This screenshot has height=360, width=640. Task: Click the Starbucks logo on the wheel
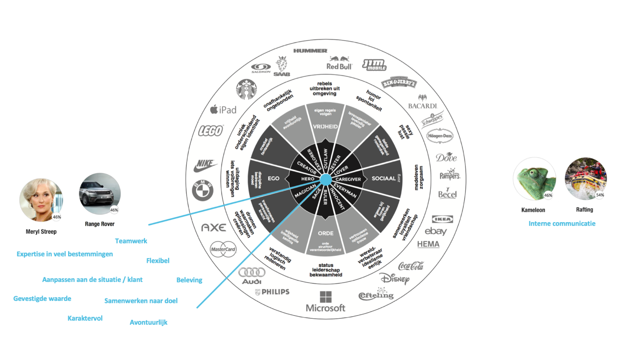click(x=246, y=89)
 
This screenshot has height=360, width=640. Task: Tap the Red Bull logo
click(x=339, y=63)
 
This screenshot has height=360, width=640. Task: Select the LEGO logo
click(x=211, y=131)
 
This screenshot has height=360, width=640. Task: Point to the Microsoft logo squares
click(x=326, y=297)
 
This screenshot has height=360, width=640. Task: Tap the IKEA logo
click(x=442, y=219)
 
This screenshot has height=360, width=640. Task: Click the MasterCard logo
click(x=223, y=249)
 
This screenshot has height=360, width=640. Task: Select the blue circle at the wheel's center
click(x=326, y=179)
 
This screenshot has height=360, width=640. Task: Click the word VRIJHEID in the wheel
click(x=325, y=127)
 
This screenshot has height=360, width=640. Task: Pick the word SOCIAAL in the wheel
click(x=384, y=178)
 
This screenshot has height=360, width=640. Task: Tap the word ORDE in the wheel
click(x=326, y=233)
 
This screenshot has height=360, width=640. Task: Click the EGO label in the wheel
click(x=274, y=178)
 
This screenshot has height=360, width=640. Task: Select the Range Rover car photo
click(x=100, y=194)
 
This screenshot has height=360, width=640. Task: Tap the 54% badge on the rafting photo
click(x=600, y=195)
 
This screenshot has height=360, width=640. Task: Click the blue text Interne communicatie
click(x=562, y=223)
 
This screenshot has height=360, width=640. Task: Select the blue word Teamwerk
click(x=131, y=241)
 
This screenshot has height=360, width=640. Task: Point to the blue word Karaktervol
click(x=85, y=318)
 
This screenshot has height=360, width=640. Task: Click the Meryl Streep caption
click(x=41, y=232)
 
